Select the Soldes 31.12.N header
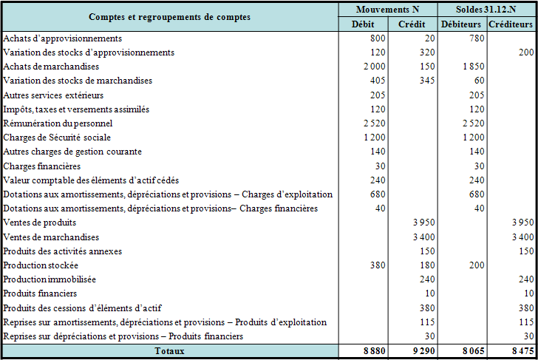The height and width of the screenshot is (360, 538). (x=487, y=10)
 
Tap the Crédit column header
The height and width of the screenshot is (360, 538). (x=411, y=24)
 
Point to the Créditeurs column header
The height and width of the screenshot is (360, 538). (x=511, y=24)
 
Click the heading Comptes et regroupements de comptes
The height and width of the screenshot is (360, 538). (x=169, y=16)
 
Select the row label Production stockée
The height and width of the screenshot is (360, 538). (x=41, y=265)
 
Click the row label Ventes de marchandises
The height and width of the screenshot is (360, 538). (x=51, y=237)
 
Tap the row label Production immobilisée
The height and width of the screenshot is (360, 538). (x=50, y=279)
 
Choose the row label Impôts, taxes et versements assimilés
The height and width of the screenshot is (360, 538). (x=76, y=109)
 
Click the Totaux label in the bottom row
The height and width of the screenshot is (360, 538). (x=169, y=350)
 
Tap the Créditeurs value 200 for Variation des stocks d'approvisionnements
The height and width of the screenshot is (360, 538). (x=525, y=52)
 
